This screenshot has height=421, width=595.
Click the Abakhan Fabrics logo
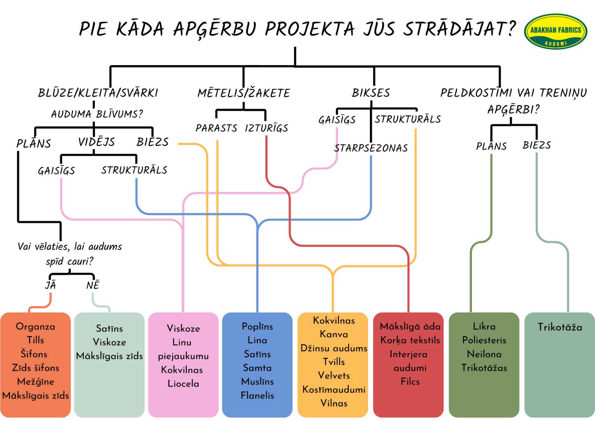(555, 32)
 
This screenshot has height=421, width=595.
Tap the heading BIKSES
(371, 93)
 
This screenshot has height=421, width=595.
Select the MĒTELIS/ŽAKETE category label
(244, 93)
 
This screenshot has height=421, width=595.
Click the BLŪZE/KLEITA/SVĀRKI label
(98, 93)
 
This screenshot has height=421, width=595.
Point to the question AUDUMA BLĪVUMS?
(97, 114)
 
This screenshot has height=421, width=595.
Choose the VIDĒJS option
(96, 142)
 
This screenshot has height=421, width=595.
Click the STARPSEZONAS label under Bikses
(371, 148)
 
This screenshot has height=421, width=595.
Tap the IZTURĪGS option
(266, 128)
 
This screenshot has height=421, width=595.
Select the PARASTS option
(216, 128)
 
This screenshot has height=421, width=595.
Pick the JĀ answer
(50, 285)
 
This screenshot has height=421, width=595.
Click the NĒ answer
(93, 285)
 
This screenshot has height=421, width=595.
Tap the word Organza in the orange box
(35, 327)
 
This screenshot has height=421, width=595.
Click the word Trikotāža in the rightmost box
(560, 327)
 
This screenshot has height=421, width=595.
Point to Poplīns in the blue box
(257, 327)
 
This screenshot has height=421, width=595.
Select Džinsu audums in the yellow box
(334, 348)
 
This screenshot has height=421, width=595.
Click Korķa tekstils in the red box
(410, 340)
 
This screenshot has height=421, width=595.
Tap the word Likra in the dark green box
(484, 327)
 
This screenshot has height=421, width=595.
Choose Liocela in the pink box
(183, 383)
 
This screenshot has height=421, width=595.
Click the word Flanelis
(257, 395)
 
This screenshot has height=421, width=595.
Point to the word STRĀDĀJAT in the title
(459, 29)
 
